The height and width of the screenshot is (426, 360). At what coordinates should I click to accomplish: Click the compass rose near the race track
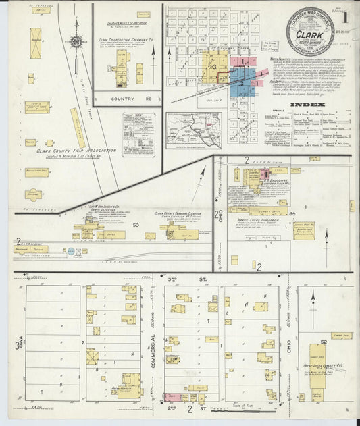(x=76, y=42)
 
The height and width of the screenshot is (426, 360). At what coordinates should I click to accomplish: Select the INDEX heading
(x=307, y=105)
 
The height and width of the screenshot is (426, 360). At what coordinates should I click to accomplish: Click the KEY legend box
(x=138, y=134)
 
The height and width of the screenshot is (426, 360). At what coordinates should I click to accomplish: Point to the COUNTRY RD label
(x=118, y=98)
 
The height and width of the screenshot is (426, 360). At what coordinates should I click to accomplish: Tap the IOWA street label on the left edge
(x=19, y=345)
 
